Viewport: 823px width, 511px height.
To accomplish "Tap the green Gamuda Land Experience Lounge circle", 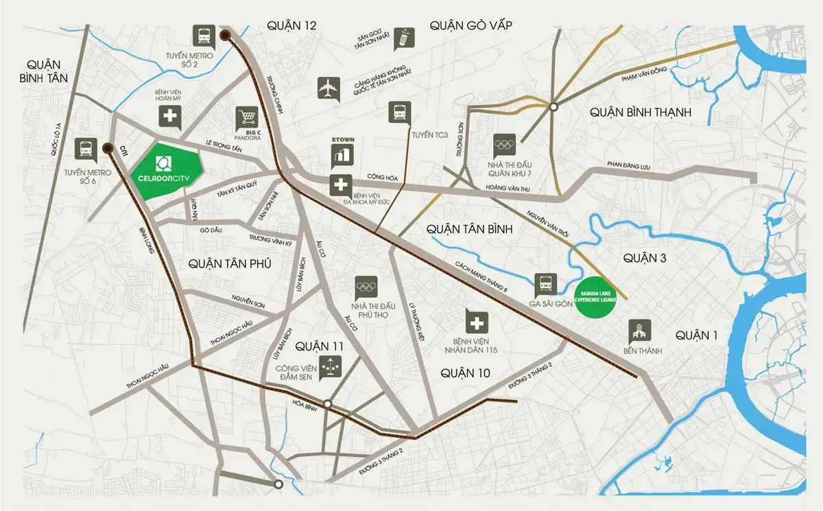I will [x=596, y=297].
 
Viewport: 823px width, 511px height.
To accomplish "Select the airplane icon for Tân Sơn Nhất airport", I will [x=329, y=88].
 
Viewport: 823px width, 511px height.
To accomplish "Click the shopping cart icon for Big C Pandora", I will [x=246, y=117].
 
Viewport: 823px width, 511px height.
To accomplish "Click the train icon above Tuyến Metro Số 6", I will [x=86, y=149].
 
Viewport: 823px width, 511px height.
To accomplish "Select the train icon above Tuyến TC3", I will [x=399, y=112].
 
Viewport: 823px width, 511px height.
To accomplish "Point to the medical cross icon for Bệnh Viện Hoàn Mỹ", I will [x=170, y=117].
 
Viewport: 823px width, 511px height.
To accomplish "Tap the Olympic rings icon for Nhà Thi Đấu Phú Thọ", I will [x=366, y=287].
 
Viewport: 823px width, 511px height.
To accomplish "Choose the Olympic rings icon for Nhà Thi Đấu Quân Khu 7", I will [x=504, y=144].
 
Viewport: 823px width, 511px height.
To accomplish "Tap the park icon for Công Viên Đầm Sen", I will [x=331, y=366].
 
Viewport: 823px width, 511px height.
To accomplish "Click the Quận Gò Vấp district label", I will [x=471, y=25].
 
